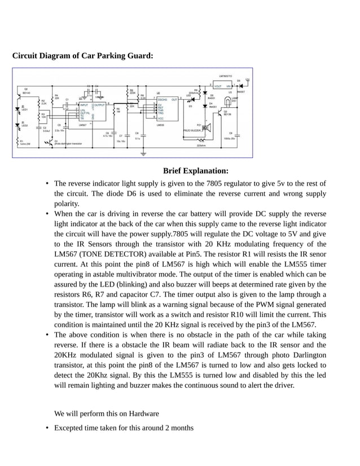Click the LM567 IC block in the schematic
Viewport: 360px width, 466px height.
[x=91, y=111]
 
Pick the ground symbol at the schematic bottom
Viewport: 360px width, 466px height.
[x=143, y=153]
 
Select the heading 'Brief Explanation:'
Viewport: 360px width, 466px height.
[x=195, y=171]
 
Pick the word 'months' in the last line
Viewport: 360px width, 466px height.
[x=181, y=428]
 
